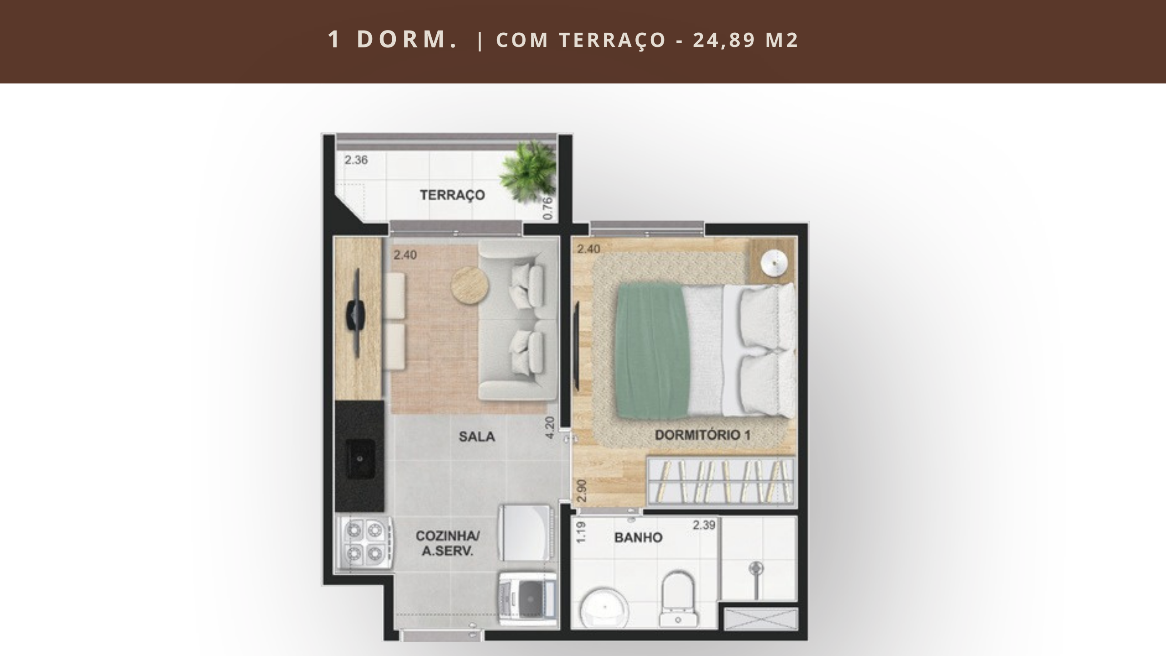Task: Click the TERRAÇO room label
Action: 452,195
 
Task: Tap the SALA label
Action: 477,437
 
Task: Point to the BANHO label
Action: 638,538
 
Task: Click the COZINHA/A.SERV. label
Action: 447,543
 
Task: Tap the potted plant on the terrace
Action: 528,171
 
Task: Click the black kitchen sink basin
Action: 360,459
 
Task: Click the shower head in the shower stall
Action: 756,568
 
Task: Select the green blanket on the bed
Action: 651,351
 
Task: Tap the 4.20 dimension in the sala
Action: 550,428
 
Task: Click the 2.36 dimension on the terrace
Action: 356,160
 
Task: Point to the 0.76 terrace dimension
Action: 548,208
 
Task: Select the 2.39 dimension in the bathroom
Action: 704,525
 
